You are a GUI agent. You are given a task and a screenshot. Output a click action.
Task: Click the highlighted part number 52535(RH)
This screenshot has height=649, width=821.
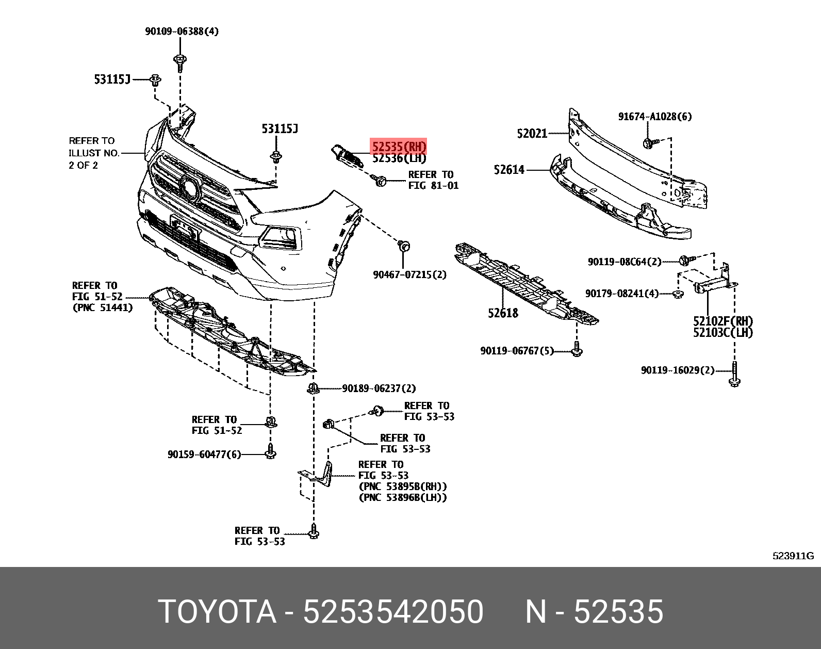399,147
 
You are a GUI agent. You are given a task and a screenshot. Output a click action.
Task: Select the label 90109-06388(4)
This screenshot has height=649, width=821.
182,31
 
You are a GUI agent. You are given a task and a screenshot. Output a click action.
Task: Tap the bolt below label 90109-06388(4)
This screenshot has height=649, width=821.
179,62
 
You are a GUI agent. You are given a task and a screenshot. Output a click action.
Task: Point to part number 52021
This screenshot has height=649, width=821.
532,134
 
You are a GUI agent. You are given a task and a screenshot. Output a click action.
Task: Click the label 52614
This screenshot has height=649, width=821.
508,170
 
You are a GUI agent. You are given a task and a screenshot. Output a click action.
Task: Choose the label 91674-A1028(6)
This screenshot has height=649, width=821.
655,117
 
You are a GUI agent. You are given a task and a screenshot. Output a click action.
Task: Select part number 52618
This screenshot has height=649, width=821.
503,313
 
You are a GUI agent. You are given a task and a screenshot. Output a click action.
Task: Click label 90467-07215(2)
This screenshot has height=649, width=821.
409,275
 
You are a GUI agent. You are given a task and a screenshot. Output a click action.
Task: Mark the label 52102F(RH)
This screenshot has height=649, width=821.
723,321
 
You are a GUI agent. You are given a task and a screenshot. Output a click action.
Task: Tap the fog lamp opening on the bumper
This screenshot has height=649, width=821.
280,236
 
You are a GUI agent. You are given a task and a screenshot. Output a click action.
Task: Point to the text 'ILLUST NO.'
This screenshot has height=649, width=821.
94,153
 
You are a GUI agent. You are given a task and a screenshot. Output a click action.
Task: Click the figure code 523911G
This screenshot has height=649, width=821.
793,556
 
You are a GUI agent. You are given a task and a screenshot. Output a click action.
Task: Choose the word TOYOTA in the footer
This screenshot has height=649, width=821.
217,612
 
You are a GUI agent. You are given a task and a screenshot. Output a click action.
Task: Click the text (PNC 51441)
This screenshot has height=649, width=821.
103,308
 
